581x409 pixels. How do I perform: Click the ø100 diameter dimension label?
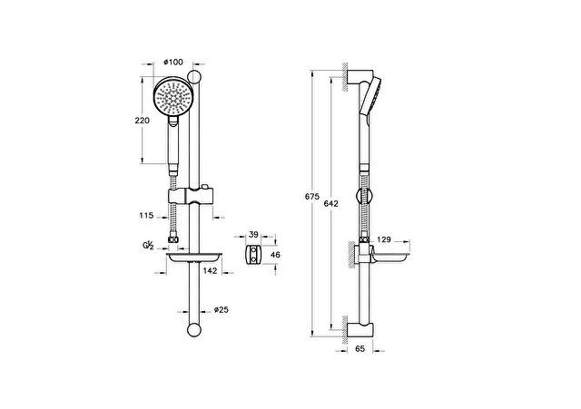[x=172, y=62]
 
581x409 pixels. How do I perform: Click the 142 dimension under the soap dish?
[x=209, y=270]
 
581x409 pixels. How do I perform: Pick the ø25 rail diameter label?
[x=221, y=310]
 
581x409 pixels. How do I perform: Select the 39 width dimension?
[x=254, y=234]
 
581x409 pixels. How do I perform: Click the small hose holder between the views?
[x=253, y=255]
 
